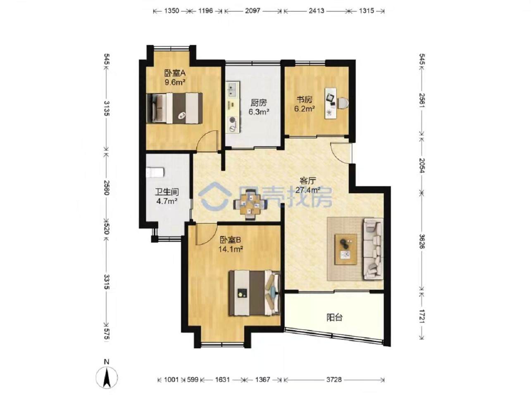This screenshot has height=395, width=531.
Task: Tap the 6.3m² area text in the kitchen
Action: click(259, 111)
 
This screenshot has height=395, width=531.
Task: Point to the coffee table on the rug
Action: click(346, 248)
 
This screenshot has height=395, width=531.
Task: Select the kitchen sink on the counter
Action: click(232, 89)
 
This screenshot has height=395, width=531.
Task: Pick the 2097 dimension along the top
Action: click(252, 11)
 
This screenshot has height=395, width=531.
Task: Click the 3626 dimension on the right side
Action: click(421, 241)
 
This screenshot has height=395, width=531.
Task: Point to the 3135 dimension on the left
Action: click(107, 108)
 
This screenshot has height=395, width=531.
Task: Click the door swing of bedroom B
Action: click(205, 234)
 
